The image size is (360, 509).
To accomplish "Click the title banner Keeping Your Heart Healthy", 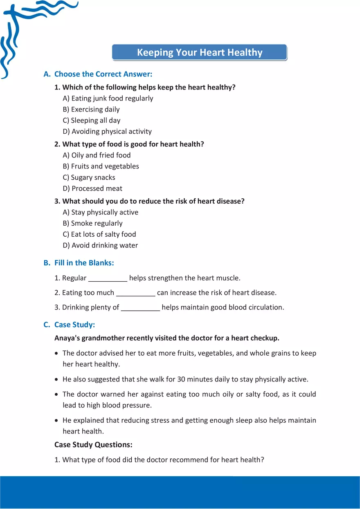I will click(x=200, y=53).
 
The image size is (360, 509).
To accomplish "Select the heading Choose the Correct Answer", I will click(x=103, y=74).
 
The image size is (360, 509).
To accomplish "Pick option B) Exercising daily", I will click(x=91, y=109).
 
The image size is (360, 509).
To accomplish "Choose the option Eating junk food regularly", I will click(x=108, y=98).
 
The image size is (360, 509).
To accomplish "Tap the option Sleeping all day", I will click(x=92, y=120).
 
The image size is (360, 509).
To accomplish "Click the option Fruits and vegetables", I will click(x=101, y=166).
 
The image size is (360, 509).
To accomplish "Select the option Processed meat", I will click(x=92, y=188).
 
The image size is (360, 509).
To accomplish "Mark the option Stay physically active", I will click(x=101, y=212).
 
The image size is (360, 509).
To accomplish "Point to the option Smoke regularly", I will click(x=93, y=223).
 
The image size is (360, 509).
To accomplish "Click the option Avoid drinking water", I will click(x=100, y=245).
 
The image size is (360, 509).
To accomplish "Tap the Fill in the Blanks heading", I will click(x=84, y=263).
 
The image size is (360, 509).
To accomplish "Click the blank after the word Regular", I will click(x=108, y=279).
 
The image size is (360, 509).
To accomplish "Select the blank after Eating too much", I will click(x=136, y=294).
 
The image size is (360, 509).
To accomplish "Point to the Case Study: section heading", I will click(x=74, y=325).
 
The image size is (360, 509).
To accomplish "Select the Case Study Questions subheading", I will click(x=93, y=444).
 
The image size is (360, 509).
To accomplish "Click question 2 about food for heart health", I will click(x=133, y=144).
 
